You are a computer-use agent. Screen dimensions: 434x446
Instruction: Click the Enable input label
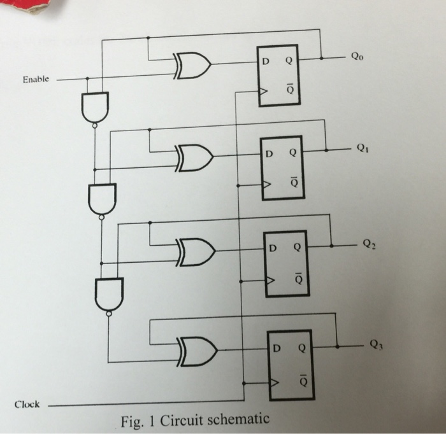[35, 80]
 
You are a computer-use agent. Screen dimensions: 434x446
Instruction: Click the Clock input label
[27, 404]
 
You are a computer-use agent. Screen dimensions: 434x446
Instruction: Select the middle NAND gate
[102, 198]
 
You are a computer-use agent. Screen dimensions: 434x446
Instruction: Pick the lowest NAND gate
[108, 294]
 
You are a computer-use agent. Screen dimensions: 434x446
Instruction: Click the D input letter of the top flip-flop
[264, 60]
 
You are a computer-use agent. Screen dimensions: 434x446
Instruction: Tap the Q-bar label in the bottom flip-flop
[302, 380]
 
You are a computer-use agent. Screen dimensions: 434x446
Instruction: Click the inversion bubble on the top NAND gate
[95, 126]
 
